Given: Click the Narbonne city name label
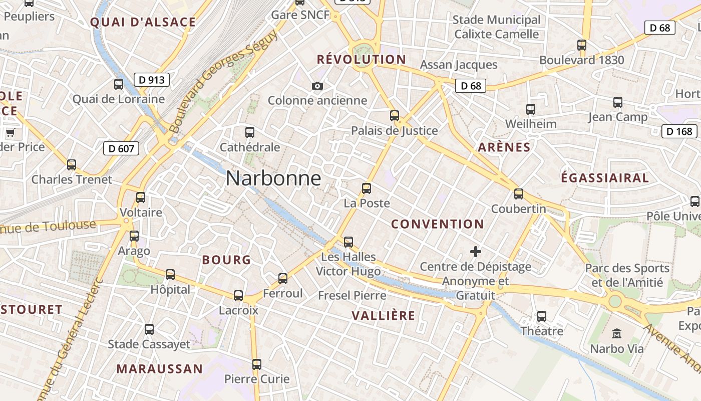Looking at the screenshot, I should coord(273,178).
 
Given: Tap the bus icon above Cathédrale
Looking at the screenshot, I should coord(250,132).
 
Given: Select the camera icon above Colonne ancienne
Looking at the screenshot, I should coord(317,86).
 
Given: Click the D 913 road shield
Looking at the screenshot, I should coord(152,79).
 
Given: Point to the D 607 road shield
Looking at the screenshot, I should coord(121,148).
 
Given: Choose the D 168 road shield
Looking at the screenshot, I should coord(679,131).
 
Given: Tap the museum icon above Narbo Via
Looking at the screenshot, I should coord(617,333).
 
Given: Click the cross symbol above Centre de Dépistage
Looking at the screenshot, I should coord(475,251).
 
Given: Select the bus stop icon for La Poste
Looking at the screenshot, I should coord(367,188).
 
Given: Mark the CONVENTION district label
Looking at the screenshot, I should coord(437,224).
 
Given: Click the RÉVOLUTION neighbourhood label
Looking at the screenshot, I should coord(361,60).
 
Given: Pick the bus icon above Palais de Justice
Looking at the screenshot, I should coord(395,116).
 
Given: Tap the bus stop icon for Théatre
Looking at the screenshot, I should coord(542,316).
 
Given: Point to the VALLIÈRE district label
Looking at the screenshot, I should coord(383,315).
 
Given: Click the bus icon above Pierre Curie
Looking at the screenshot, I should coord(257,364).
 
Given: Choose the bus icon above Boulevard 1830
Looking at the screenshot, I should coord(582,45).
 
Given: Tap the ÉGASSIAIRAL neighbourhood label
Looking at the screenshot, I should coord(604,178).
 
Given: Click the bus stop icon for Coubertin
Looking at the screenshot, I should coord(519,193).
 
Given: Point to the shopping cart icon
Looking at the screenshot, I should coord(10,133).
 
